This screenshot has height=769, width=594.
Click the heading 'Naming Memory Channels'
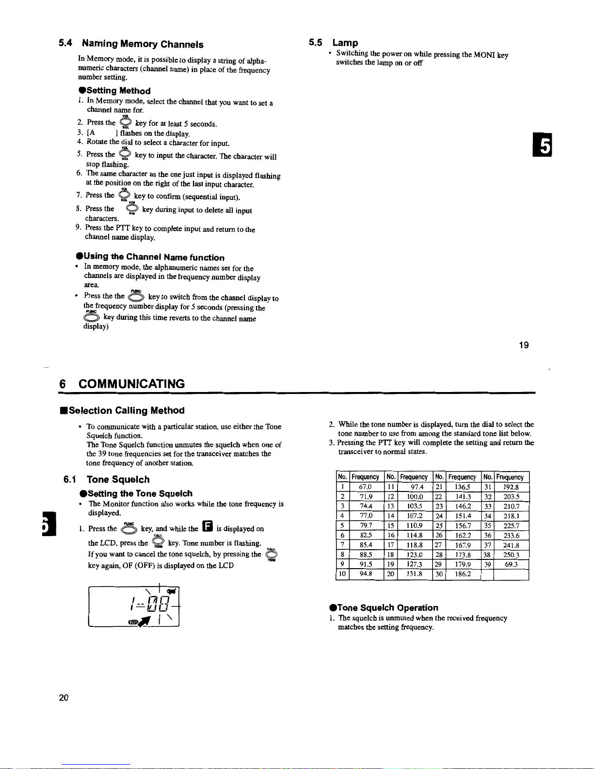[x=143, y=44]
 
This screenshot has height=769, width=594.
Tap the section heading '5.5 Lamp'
[x=334, y=43]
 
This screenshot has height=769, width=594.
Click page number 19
[x=524, y=345]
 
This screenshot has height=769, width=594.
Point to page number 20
[x=64, y=698]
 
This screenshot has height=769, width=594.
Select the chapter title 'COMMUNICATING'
[x=131, y=384]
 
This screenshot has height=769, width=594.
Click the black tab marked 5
[x=545, y=146]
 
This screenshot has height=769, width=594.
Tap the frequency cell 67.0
[x=365, y=487]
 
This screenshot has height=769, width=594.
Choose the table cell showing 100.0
[x=415, y=497]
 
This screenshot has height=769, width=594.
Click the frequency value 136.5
[x=462, y=487]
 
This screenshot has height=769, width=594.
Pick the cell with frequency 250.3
[x=511, y=555]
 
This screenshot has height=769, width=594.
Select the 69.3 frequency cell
[x=511, y=564]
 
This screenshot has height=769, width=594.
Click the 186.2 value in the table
[x=462, y=574]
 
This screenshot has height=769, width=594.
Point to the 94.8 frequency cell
[x=366, y=574]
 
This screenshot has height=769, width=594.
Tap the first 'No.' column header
[x=342, y=477]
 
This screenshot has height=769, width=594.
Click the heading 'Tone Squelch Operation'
[x=387, y=607]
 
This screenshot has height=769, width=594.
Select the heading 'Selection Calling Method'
[x=127, y=410]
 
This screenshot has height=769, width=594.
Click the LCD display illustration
[x=134, y=607]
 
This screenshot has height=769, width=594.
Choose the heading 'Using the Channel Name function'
[x=154, y=257]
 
